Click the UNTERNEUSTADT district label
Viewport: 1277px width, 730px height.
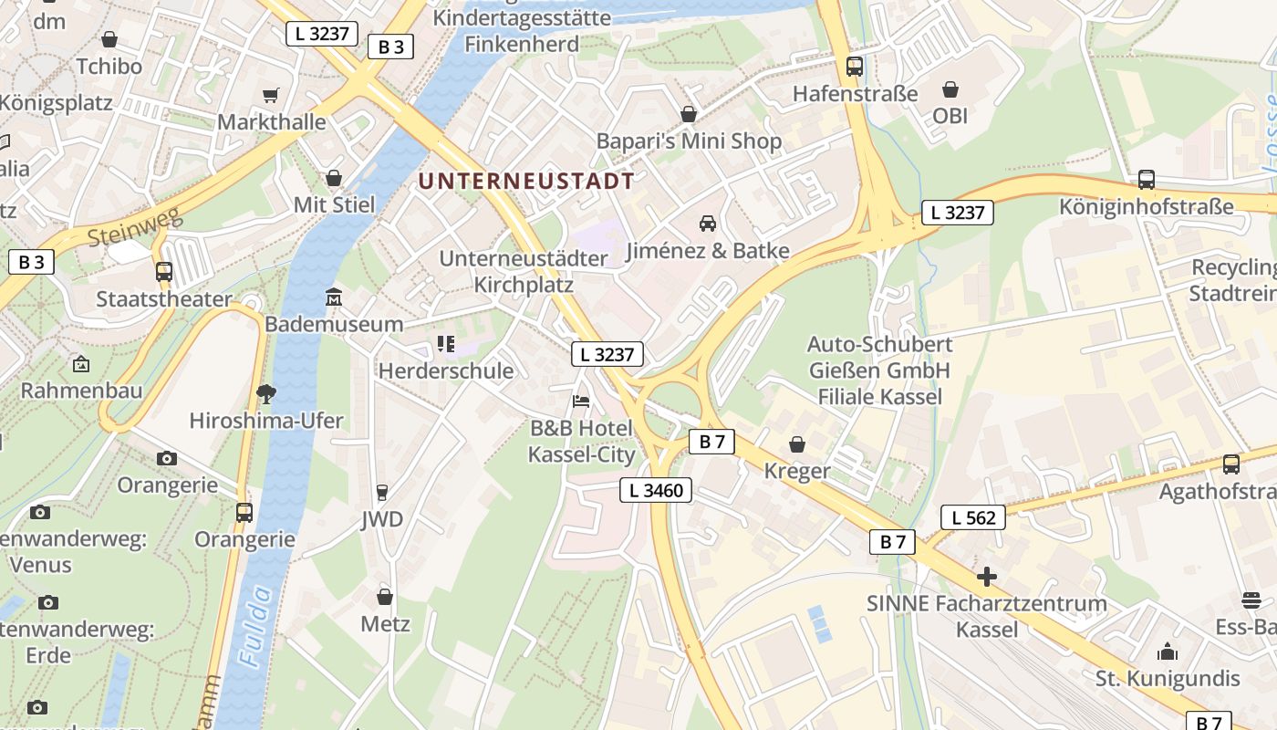pyautogui.click(x=525, y=181)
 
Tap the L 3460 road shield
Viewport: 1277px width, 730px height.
pyautogui.click(x=656, y=490)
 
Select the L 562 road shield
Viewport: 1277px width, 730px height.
pyautogui.click(x=973, y=517)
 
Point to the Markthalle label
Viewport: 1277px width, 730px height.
pyautogui.click(x=272, y=121)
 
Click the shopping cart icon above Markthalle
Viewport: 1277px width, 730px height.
pyautogui.click(x=270, y=95)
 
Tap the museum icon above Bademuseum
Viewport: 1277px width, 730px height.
pyautogui.click(x=334, y=297)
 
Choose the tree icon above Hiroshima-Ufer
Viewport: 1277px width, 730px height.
pyautogui.click(x=266, y=394)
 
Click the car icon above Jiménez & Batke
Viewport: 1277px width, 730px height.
pyautogui.click(x=707, y=224)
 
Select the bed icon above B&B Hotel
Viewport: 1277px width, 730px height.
pyautogui.click(x=581, y=401)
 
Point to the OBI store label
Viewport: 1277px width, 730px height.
pyautogui.click(x=950, y=116)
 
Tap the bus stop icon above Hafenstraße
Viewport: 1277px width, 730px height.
pyautogui.click(x=854, y=67)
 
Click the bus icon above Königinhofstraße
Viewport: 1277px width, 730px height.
pyautogui.click(x=1147, y=180)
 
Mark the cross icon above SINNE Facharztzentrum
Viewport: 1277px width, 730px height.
pyautogui.click(x=986, y=577)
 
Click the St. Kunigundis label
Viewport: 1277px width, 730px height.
pyautogui.click(x=1168, y=678)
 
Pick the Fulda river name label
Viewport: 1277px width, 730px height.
pyautogui.click(x=256, y=625)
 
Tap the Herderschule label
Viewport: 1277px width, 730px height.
pyautogui.click(x=446, y=370)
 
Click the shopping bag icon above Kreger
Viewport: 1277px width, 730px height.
pyautogui.click(x=797, y=444)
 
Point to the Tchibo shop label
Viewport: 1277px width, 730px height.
pyautogui.click(x=109, y=67)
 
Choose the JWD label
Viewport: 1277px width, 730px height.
pyautogui.click(x=381, y=519)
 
